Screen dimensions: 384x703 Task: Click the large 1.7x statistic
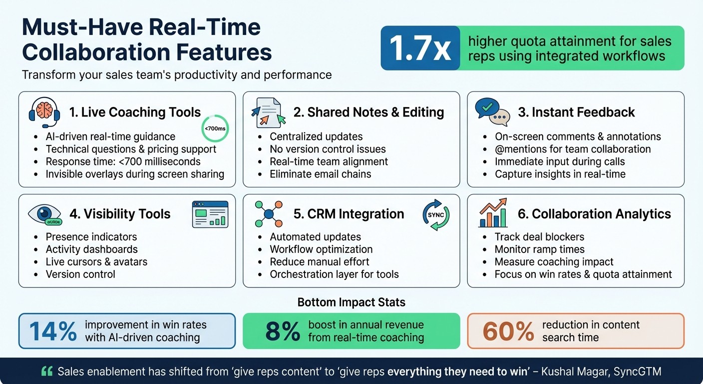[420, 48]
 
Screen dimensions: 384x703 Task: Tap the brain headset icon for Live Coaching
[44, 112]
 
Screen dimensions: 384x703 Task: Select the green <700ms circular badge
[215, 129]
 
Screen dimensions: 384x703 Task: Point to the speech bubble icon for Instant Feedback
[492, 111]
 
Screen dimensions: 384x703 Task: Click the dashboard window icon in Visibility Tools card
[210, 214]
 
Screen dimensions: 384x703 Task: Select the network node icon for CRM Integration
[269, 214]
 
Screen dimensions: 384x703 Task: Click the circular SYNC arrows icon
[436, 215]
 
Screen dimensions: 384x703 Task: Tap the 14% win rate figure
[53, 331]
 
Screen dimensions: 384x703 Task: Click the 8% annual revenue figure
[283, 331]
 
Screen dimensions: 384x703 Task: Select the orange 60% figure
[508, 331]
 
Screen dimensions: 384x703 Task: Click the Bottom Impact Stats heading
[351, 302]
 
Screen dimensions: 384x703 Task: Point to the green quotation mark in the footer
[47, 371]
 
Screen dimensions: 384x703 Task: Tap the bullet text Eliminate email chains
[320, 174]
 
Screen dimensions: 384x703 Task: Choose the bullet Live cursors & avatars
[96, 261]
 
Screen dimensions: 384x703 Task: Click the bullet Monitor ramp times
[539, 249]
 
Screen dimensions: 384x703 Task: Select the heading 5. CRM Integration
[349, 214]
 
